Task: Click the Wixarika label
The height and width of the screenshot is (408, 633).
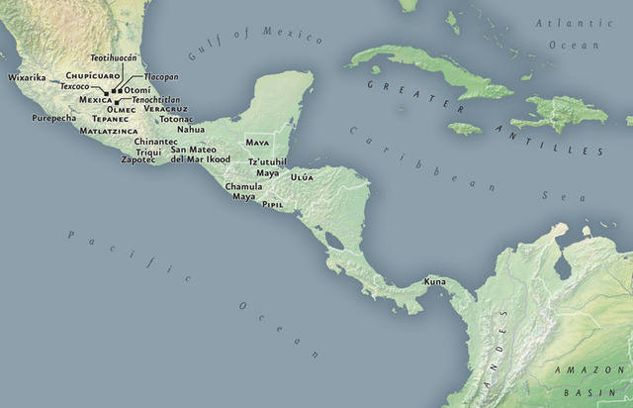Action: tap(27, 77)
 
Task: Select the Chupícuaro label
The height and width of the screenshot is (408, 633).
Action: tap(93, 74)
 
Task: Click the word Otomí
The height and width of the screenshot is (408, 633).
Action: tap(137, 90)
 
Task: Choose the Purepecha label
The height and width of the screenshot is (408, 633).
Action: tap(53, 118)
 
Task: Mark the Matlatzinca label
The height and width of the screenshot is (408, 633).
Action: tap(108, 130)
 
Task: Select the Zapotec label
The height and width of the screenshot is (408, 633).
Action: tap(138, 159)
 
